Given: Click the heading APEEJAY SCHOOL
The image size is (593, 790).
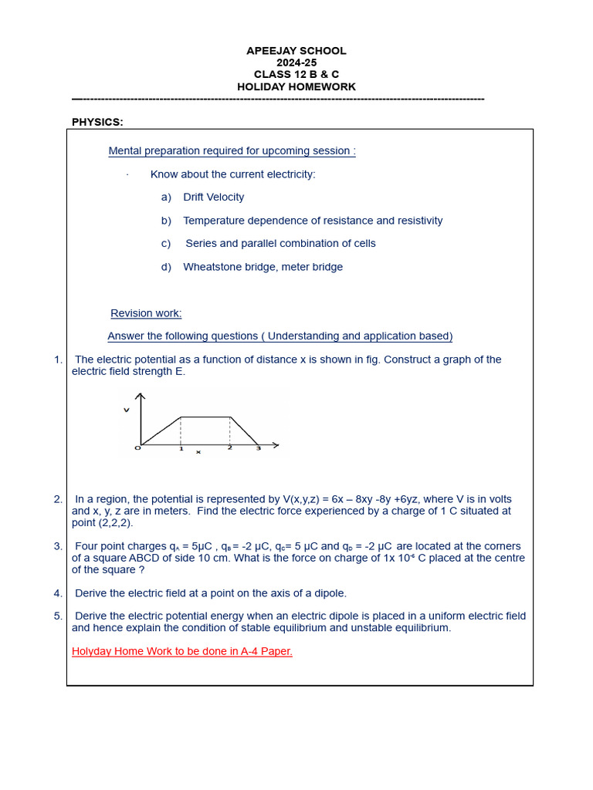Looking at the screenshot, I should tap(296, 51).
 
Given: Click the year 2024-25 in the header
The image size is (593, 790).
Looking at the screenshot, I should tap(296, 62).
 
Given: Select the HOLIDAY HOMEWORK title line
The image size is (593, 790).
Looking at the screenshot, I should tap(296, 87).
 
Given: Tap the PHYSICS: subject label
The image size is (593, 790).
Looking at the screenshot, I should tap(97, 122).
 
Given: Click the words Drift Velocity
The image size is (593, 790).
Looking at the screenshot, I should tap(214, 197).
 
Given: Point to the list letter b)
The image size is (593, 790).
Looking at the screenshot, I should tap(166, 221).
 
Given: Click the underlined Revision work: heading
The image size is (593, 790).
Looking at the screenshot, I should tap(146, 313).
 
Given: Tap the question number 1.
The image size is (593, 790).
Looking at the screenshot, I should tap(58, 360).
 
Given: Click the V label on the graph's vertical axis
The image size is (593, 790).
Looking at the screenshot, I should tap(126, 410).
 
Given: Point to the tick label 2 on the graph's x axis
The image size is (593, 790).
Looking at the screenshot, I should tap(229, 448).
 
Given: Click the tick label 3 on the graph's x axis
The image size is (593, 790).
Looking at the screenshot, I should tap(258, 448).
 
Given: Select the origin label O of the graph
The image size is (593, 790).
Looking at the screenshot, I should tap(137, 448).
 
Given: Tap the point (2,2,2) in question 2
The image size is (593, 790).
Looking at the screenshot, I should tap(115, 522).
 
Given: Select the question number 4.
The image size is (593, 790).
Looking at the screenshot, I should tap(58, 593).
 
